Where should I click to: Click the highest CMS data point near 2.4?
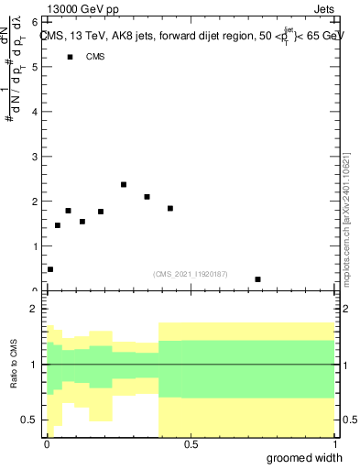tap(124, 185)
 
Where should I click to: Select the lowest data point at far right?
tap(258, 279)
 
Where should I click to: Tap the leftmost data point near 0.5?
tap(50, 269)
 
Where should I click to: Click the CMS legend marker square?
tap(70, 58)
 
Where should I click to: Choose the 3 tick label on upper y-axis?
tap(35, 157)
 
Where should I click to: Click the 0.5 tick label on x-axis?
tap(190, 443)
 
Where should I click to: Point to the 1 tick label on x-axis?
tap(333, 443)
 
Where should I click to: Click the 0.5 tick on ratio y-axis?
tap(31, 420)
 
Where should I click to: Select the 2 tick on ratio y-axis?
tap(35, 310)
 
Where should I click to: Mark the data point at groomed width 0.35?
tap(147, 197)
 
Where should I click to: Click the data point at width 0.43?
tap(170, 209)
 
